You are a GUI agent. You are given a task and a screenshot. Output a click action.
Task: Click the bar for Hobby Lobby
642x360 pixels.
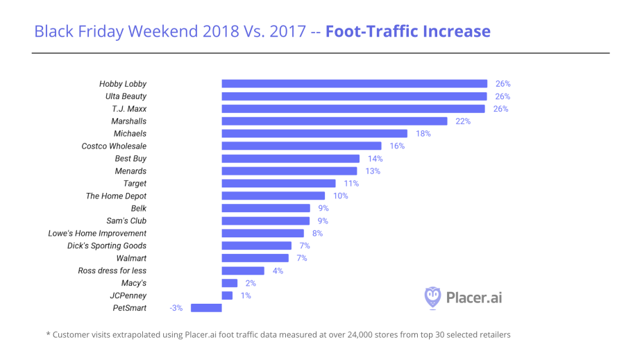[354, 84]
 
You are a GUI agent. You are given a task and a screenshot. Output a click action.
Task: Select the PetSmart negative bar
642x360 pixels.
[205, 308]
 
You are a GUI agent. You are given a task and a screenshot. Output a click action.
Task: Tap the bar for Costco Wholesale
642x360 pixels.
[301, 146]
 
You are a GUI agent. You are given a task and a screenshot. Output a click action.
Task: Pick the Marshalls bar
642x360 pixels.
[335, 121]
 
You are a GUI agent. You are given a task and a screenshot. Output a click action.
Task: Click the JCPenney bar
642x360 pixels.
[227, 295]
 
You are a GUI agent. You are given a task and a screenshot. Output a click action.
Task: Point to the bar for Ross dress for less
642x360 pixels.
[243, 271]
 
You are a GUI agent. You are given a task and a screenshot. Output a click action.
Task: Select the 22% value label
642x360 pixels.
[463, 121]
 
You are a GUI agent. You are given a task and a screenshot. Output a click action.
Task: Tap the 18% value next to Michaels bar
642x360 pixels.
[423, 134]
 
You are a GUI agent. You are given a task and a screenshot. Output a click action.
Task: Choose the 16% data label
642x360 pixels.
[397, 146]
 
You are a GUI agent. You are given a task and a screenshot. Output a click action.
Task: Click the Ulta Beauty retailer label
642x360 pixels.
[126, 96]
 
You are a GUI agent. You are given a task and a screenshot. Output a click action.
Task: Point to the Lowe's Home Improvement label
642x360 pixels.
[97, 233]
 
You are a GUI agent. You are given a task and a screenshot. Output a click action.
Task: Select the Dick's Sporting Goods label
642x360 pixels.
[107, 246]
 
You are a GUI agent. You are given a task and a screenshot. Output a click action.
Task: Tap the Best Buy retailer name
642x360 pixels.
[130, 159]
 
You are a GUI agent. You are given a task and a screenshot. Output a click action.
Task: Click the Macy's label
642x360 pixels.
[134, 283]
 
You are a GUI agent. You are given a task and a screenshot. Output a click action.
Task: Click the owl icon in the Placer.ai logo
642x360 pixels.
[432, 297]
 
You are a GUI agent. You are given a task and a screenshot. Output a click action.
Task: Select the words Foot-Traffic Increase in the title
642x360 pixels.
[407, 31]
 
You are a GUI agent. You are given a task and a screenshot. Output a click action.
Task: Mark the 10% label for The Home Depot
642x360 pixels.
[340, 196]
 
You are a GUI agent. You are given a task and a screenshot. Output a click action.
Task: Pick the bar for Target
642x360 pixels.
[278, 184]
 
